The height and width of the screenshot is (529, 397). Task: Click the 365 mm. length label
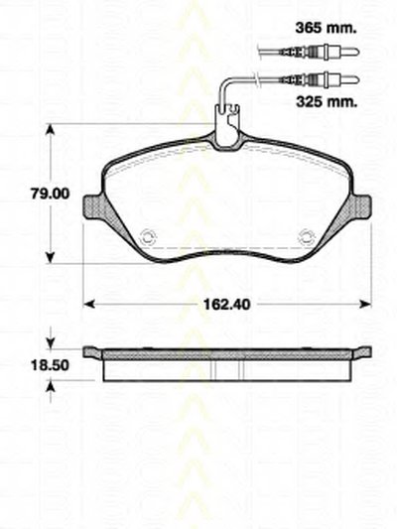tap(326, 29)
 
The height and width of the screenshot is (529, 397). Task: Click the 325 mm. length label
tap(327, 101)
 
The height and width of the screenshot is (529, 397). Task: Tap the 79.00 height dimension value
tap(50, 194)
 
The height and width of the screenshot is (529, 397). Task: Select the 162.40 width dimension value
tap(226, 305)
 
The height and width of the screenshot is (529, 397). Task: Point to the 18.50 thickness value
tap(50, 365)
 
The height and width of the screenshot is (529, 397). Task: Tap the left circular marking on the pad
tap(148, 237)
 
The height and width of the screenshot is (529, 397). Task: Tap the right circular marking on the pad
tap(307, 237)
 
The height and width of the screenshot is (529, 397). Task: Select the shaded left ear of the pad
tap(98, 210)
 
